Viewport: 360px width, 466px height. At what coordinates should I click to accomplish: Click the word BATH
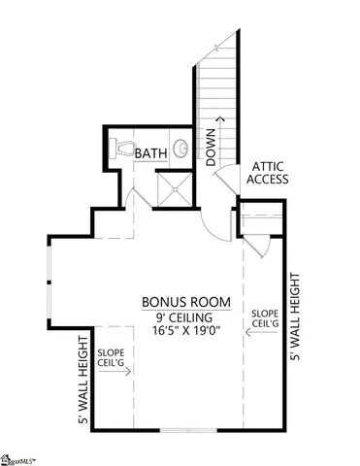coord(151,153)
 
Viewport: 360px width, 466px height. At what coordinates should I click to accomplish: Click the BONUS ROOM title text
coord(179,301)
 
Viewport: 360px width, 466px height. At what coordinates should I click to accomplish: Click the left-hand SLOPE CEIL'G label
coord(110,357)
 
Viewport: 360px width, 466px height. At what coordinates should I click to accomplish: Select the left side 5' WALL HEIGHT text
coord(83,380)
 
